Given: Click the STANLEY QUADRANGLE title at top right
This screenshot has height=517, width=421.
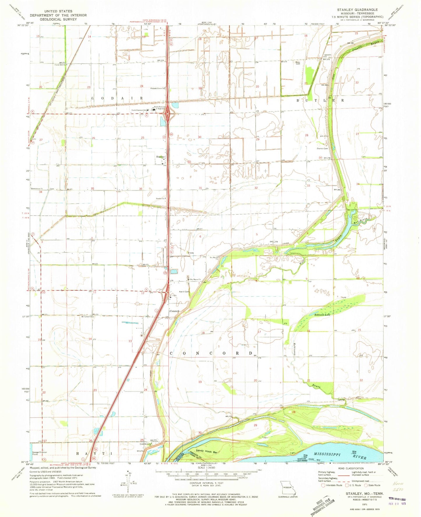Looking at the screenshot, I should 357,10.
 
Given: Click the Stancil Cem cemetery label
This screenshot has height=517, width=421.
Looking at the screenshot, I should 323,149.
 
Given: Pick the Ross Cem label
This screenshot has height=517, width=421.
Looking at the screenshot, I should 297,63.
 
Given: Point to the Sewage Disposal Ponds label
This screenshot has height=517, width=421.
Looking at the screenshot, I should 39,453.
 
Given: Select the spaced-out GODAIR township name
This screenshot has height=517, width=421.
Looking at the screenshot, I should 117,98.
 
